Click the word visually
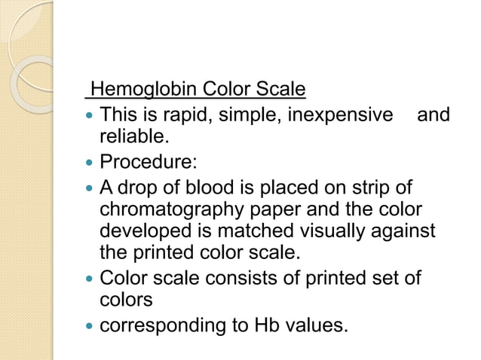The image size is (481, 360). (335, 229)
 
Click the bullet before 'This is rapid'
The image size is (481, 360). (90, 116)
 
